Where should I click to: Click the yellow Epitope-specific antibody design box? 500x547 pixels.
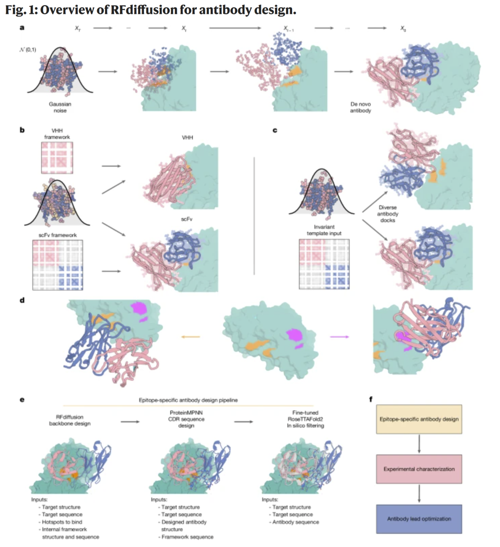pos(419,419)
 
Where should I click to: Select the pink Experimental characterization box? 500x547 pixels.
pos(419,469)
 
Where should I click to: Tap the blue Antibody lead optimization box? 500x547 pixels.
pos(419,519)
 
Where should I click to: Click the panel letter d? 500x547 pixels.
pos(22,301)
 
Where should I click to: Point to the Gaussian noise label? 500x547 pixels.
pos(60,107)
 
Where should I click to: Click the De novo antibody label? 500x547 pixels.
pos(360,107)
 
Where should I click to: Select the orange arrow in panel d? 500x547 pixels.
pos(190,337)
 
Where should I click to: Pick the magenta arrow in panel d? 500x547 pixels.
pos(339,337)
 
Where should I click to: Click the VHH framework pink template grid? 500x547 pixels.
pos(57,157)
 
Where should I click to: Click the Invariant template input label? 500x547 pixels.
pos(324,230)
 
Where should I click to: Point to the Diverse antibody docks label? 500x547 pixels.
pos(387,214)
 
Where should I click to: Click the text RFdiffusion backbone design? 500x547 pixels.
pos(70,420)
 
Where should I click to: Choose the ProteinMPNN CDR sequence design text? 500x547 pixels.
pos(186,419)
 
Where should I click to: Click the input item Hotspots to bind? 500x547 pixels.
pos(62,522)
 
